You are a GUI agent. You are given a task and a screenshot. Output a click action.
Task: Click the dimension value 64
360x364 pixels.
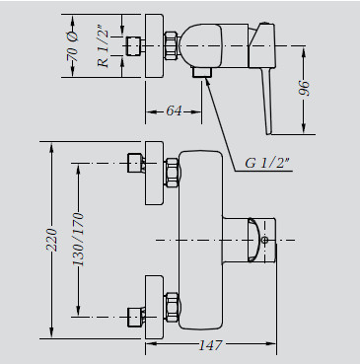[174, 110]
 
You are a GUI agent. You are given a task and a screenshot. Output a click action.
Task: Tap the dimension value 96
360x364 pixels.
[305, 88]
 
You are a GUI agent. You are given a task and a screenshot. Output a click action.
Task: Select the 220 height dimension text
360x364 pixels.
[51, 240]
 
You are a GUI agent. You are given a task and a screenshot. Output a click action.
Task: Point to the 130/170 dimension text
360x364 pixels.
[78, 240]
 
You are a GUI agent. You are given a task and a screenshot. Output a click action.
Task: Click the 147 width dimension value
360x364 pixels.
[211, 345]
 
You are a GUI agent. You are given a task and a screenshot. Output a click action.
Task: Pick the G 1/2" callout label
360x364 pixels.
[267, 163]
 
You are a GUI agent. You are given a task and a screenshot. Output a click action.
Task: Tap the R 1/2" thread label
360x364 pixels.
[104, 46]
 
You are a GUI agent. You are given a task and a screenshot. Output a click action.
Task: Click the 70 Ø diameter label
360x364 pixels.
[73, 46]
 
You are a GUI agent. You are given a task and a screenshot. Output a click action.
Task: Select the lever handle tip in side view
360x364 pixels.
[269, 133]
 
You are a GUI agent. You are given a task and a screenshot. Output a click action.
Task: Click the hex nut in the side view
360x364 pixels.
[173, 45]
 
